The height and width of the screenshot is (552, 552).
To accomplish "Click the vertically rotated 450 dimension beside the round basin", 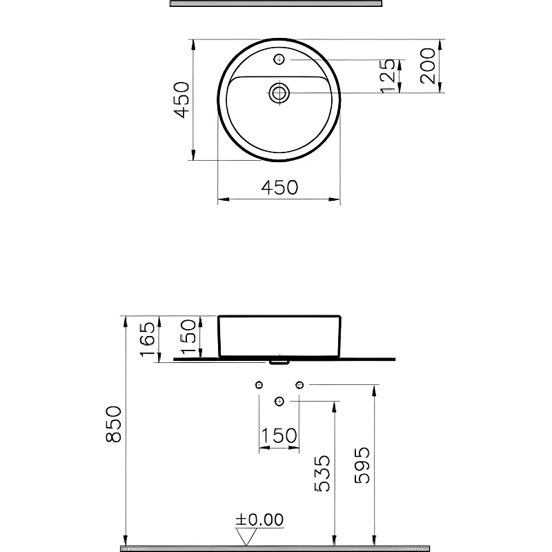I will (x=181, y=99).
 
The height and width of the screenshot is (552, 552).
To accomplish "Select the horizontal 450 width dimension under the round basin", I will (x=279, y=187).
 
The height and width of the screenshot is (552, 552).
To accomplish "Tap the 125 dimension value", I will (x=388, y=76).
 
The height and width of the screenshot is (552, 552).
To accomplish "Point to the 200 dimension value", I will (x=428, y=66).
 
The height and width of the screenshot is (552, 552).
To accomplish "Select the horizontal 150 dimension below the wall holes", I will (x=279, y=436).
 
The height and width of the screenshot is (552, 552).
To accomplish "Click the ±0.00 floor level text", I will (x=259, y=520).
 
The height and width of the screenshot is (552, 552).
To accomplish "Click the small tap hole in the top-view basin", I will (x=279, y=59).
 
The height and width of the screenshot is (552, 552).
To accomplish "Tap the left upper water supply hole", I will (x=259, y=384).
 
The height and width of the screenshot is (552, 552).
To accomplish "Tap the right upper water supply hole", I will (x=299, y=384).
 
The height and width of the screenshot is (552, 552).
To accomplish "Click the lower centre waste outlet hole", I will (x=279, y=401).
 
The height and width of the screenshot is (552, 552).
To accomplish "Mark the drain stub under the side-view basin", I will (x=279, y=361).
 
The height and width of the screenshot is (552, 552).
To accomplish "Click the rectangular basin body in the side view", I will (x=279, y=336).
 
